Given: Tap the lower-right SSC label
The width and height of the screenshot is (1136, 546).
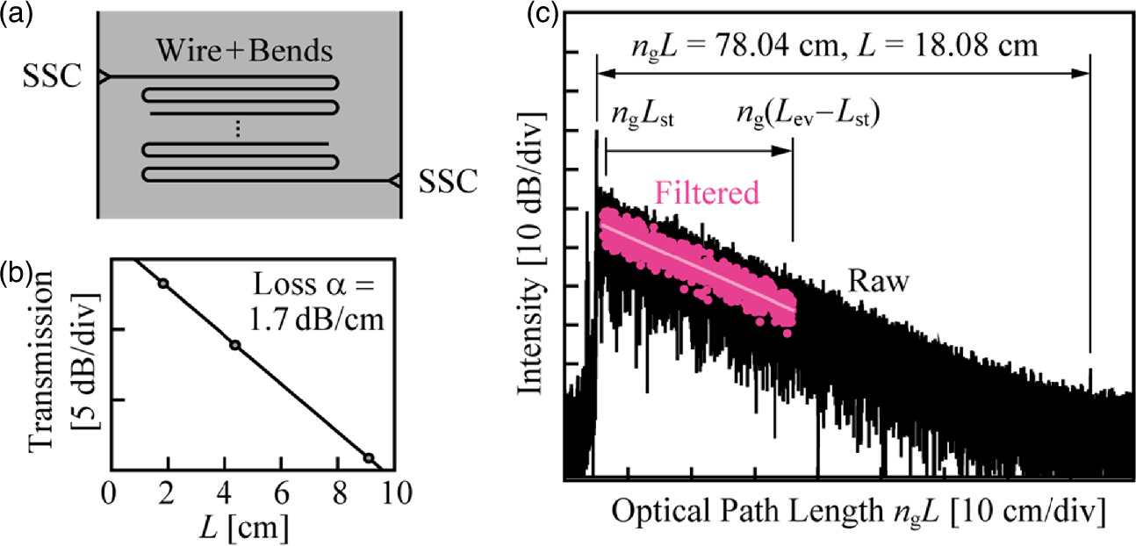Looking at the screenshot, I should point(448,182).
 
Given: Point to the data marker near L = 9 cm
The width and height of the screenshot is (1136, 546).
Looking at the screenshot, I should point(369,457).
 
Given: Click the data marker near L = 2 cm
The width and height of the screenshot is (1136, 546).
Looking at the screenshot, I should point(162,283).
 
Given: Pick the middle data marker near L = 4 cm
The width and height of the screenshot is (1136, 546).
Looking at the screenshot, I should point(234,345).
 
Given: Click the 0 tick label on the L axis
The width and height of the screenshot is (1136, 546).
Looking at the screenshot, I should point(108,492).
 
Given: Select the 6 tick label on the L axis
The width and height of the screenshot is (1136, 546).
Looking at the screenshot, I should point(281,492).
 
